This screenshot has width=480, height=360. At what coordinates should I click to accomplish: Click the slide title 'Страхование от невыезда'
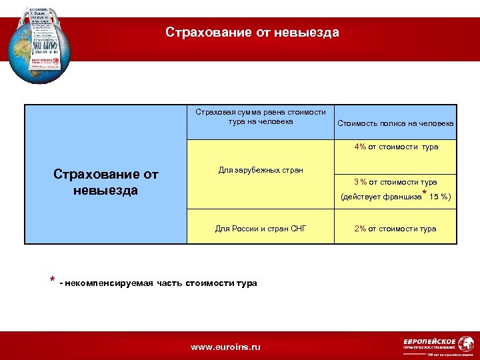coord(252,33)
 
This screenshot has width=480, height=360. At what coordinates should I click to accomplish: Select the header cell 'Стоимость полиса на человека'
coord(395,123)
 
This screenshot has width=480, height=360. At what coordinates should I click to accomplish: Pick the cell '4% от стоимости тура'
coord(396,147)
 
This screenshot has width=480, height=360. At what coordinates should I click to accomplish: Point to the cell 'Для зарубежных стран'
coord(261,170)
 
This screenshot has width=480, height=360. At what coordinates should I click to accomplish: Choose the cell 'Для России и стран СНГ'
coord(261,229)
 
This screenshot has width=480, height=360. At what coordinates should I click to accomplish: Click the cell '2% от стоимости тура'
coord(395,229)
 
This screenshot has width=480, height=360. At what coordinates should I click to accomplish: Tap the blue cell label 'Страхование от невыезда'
coord(105,183)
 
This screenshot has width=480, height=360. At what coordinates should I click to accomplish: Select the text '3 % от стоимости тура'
coord(395,182)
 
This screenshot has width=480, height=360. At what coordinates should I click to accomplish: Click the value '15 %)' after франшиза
coord(440,197)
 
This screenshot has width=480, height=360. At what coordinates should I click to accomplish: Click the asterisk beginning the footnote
coord(52,280)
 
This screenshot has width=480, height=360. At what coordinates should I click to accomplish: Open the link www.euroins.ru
coord(226,347)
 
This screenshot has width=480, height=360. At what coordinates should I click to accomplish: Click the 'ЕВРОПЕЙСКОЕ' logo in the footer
coord(430,341)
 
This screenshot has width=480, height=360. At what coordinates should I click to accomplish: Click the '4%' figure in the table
coord(361,147)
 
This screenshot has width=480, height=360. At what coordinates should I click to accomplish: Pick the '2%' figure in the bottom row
coord(361,229)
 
